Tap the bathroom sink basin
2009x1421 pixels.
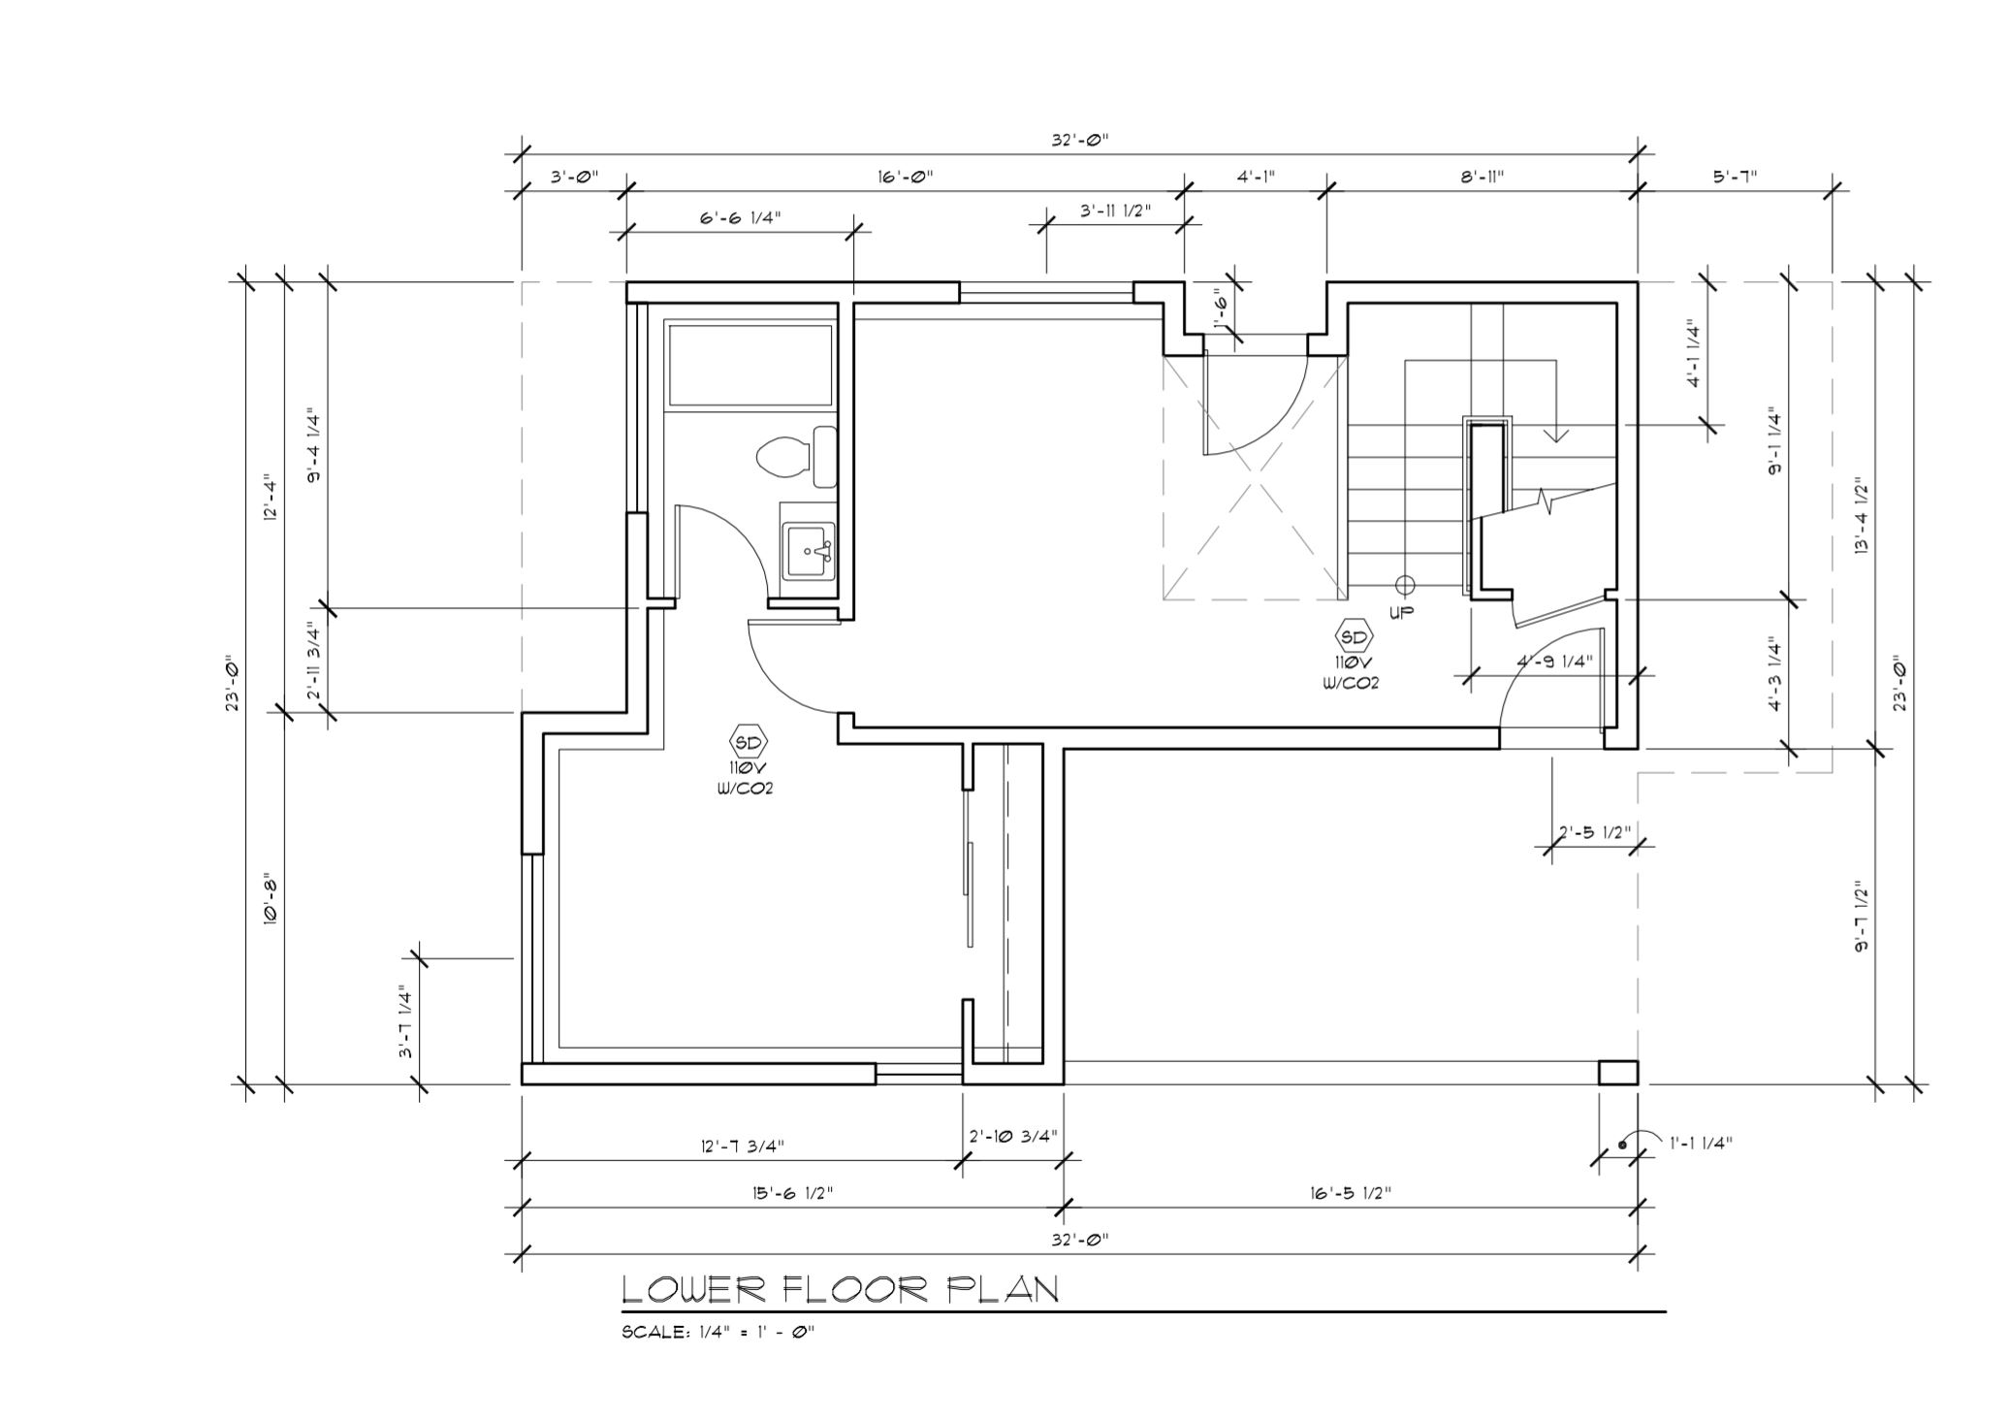coord(808,551)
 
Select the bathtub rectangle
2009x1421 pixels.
coord(749,366)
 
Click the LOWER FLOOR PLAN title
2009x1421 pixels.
coord(840,1289)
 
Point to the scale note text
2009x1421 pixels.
coord(717,1333)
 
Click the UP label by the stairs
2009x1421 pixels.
coord(1401,612)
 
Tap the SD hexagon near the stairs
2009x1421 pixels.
coord(1354,637)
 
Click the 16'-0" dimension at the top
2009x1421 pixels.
coord(906,177)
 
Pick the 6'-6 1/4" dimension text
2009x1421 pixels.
coord(740,217)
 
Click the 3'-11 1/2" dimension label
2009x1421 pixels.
coord(1116,210)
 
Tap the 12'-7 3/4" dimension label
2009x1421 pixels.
coord(742,1146)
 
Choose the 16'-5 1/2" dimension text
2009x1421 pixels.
coord(1350,1192)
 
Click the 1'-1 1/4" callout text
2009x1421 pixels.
coord(1701,1143)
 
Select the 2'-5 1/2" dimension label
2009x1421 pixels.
coord(1595,832)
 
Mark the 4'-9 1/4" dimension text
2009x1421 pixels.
coord(1555,661)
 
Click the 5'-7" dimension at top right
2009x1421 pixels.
coord(1735,177)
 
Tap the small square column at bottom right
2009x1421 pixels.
coord(1618,1072)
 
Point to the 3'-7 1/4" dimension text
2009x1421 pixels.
coord(406,1022)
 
